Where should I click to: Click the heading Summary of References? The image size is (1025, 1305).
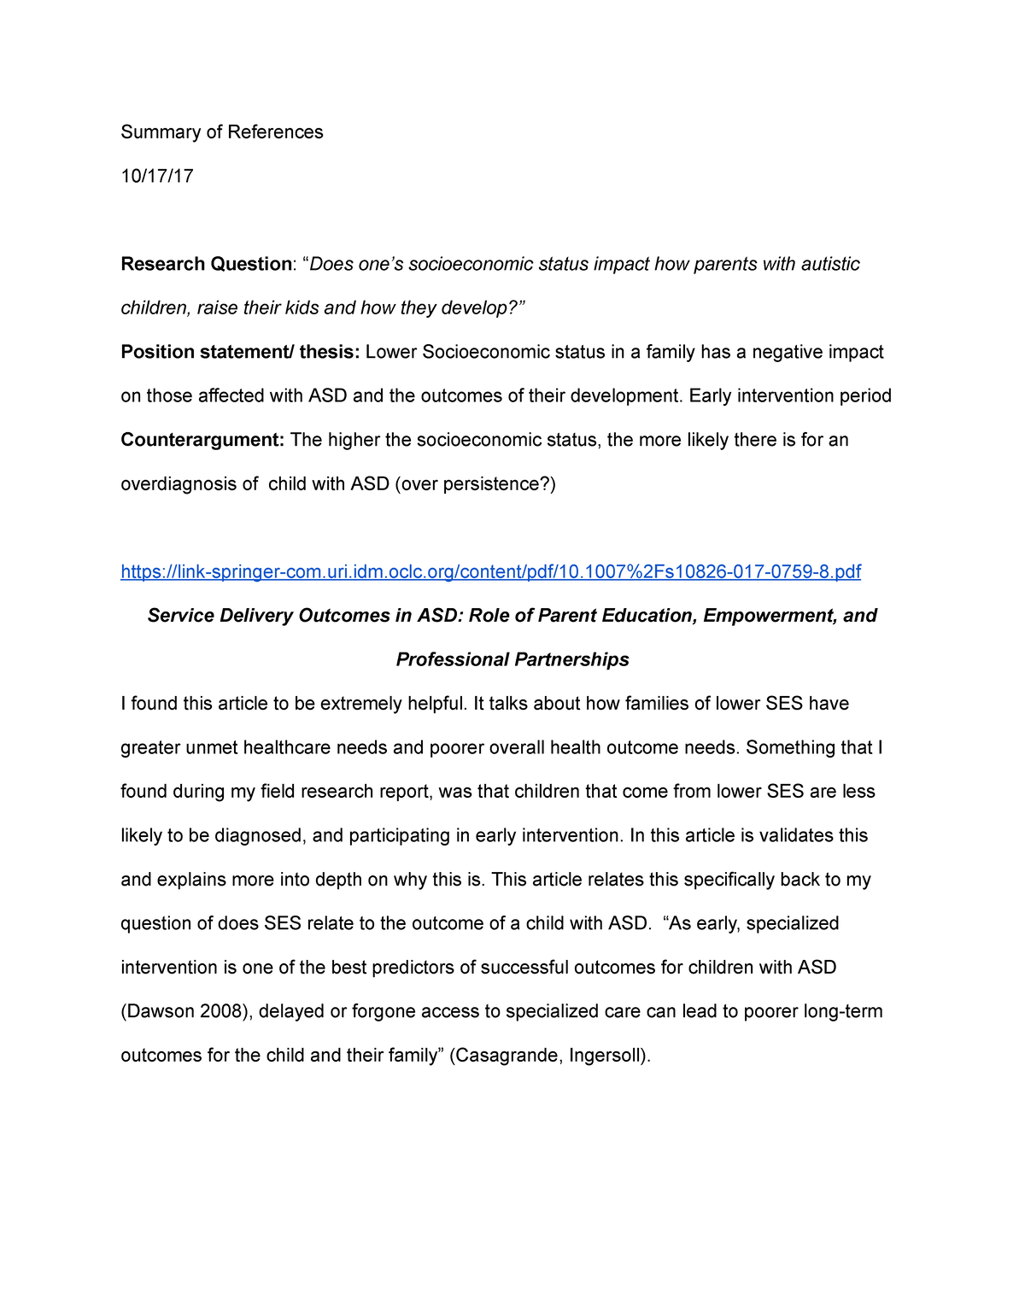click(222, 132)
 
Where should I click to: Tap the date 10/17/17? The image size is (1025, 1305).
click(157, 176)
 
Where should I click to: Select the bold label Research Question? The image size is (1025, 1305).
click(206, 264)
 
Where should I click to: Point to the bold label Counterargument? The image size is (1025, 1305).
click(202, 440)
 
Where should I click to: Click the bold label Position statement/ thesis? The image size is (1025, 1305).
click(241, 352)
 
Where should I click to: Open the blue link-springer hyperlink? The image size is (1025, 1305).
click(490, 571)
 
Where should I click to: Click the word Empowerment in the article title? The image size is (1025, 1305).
click(768, 616)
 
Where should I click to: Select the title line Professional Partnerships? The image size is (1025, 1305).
click(512, 659)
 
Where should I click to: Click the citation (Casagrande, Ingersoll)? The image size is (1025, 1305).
click(550, 1056)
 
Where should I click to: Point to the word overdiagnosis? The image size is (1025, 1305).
click(189, 484)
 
